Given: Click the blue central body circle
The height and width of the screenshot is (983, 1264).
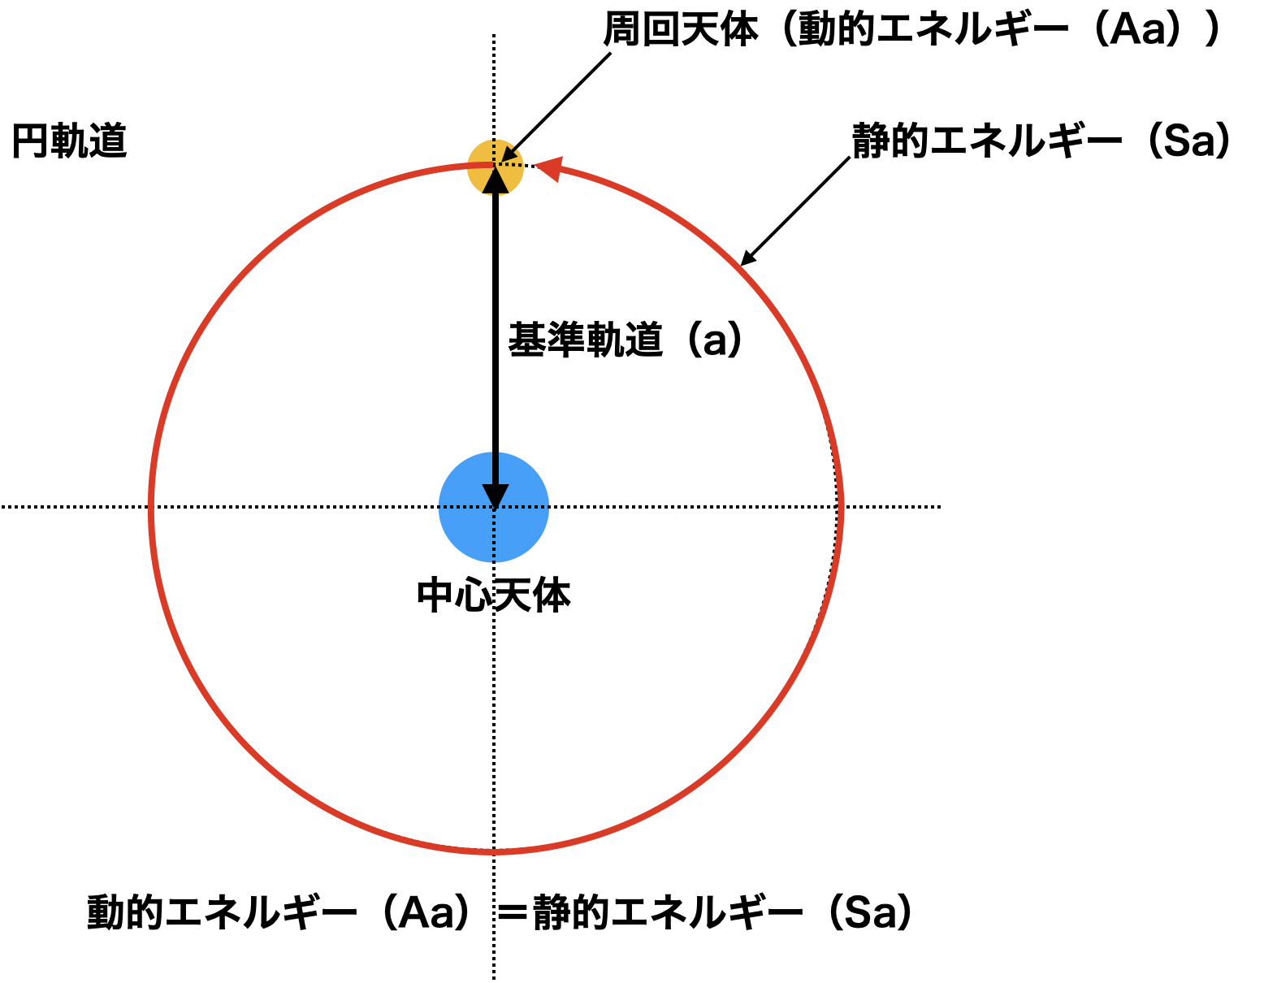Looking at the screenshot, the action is tap(493, 507).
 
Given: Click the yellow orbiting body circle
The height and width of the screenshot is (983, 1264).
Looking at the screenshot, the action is tap(495, 167).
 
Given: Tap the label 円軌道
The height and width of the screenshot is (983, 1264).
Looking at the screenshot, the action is tap(69, 141).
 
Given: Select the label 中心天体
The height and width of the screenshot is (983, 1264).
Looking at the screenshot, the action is tap(494, 595).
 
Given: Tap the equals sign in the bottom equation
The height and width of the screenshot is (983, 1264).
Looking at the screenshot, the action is tap(512, 913).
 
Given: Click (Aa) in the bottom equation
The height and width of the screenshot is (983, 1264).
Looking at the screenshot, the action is tap(426, 912).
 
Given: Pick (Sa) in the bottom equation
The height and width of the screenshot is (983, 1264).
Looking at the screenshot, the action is tap(871, 912).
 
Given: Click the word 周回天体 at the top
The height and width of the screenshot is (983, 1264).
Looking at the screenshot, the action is tap(680, 29).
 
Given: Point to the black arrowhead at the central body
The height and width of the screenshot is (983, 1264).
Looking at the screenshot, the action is tap(495, 496).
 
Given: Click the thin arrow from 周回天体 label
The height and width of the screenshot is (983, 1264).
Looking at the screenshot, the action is tap(556, 107).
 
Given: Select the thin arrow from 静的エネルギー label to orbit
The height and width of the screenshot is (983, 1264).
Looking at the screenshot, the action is tap(795, 211).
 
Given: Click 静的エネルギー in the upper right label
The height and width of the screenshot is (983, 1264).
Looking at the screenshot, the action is tap(987, 141).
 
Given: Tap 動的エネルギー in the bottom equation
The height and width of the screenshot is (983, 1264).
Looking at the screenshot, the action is tap(223, 912).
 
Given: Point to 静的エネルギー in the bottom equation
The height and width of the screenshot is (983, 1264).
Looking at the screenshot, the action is tap(668, 912).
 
